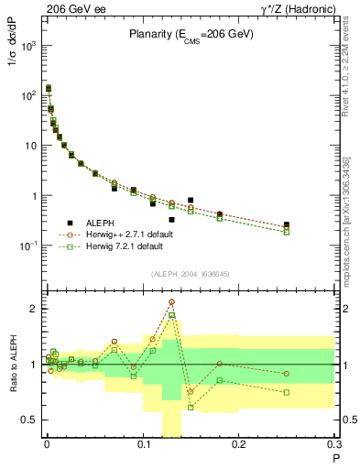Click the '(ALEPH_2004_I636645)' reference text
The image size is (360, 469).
pos(191,274)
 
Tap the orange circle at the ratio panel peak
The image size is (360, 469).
pos(171,301)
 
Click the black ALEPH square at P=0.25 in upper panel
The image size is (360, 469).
pos(287,224)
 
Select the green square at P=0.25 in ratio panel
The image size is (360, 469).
pos(287,392)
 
